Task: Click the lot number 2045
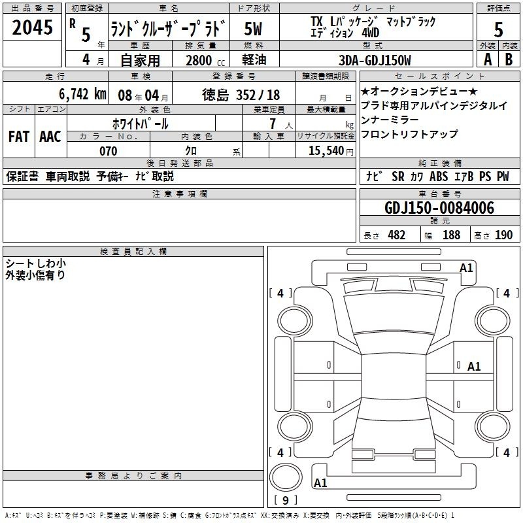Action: (32, 27)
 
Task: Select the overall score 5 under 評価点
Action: (498, 29)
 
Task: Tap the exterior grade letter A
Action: (488, 59)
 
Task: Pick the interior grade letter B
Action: (509, 59)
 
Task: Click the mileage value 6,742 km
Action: (83, 94)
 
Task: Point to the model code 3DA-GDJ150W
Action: (375, 60)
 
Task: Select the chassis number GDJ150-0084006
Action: (439, 208)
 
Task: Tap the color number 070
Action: (109, 151)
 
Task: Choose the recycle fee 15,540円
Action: (331, 151)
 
